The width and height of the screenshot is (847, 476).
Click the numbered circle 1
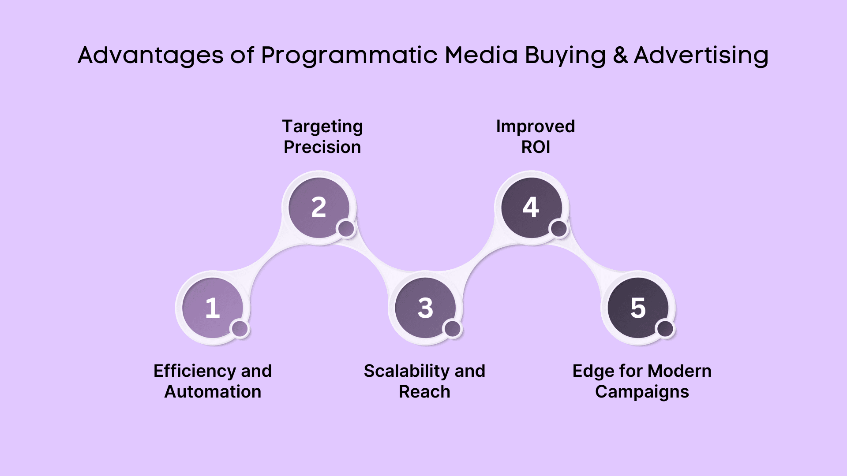coord(213,308)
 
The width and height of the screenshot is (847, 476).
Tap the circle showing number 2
coord(319,208)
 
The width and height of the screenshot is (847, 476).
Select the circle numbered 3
coord(425,308)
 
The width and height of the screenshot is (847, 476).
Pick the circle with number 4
coord(532,208)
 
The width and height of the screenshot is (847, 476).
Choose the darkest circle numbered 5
coord(638,308)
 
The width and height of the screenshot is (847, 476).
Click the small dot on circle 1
coord(240,329)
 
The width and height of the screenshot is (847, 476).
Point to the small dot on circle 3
coord(453,329)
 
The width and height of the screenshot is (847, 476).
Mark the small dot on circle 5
coord(665,329)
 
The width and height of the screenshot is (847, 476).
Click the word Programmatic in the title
coord(349,56)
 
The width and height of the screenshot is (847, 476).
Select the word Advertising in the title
coord(701,56)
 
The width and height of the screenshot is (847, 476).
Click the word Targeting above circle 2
coord(322,127)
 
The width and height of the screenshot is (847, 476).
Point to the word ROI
coord(536,147)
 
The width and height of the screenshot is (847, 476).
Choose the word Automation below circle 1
coord(213,392)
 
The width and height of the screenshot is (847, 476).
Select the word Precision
coord(322,147)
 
